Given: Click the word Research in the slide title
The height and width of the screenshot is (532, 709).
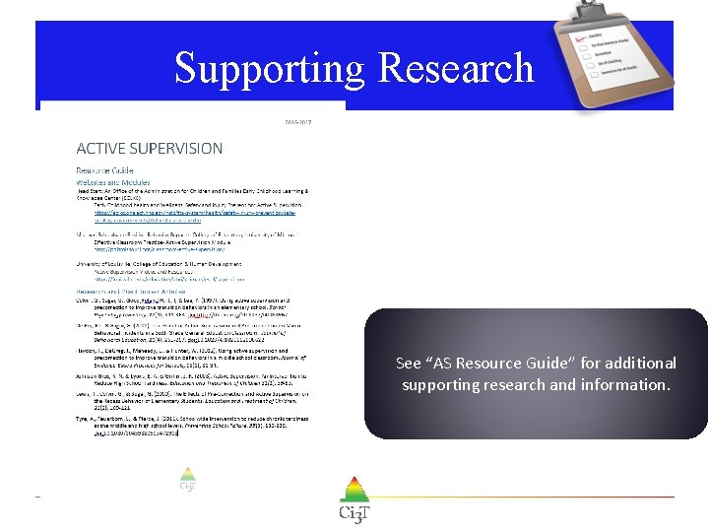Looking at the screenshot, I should pyautogui.click(x=456, y=69).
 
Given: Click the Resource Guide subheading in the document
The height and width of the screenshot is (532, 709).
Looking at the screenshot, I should pyautogui.click(x=104, y=169).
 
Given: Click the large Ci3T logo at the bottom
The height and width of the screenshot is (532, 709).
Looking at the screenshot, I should pyautogui.click(x=354, y=499).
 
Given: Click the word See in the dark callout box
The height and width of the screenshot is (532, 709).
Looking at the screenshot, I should pyautogui.click(x=408, y=363).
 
